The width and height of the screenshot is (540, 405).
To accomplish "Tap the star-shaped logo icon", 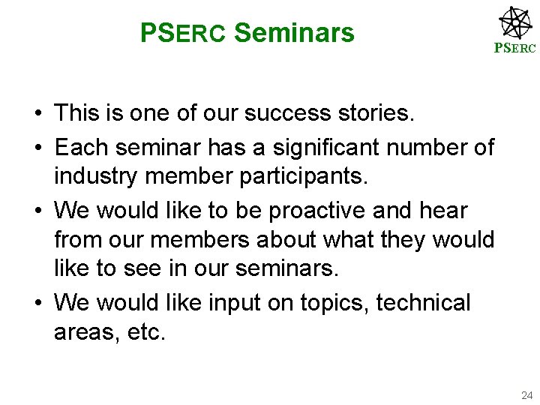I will [x=516, y=22].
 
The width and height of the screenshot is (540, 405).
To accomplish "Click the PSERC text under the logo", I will [x=514, y=49].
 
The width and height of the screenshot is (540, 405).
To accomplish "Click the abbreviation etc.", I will [x=147, y=332].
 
